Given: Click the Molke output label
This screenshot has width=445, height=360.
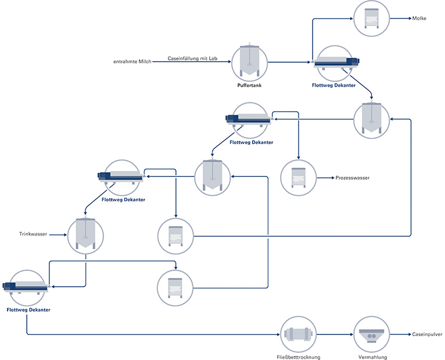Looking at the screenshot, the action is pos(419,19).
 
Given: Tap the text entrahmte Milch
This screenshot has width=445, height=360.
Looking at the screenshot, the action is pos(132,62).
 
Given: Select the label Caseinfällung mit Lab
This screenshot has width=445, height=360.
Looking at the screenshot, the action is pos(192,59).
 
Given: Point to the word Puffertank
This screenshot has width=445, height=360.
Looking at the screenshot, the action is pos(249,85).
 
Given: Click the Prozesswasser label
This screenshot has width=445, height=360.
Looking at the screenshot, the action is pos(353,178).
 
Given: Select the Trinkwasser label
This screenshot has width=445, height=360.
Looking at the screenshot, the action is pos(33,234).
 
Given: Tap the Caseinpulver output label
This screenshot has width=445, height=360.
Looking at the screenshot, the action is pos(427,334).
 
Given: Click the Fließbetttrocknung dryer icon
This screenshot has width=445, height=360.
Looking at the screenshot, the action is pos(298,334).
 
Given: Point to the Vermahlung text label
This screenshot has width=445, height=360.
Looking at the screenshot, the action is pos(372,357).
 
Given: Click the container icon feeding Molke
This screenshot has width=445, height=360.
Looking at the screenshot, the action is pos(371,19).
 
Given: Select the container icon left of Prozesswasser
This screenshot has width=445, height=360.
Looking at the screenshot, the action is pos(298,178).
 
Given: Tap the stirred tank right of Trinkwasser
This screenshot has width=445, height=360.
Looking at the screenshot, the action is pos(85,236).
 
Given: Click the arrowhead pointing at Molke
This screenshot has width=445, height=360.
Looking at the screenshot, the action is pos(410,19).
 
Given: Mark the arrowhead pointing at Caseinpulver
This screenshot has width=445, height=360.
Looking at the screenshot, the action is pos(410,334).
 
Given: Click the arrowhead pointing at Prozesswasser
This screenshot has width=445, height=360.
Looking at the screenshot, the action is pos(333,178).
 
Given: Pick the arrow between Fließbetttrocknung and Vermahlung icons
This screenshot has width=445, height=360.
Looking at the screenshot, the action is pos(335,334).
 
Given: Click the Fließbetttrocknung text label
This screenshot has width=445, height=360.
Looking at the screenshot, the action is pos(298,357).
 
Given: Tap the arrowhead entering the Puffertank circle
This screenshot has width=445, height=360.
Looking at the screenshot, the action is pos(229,62).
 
